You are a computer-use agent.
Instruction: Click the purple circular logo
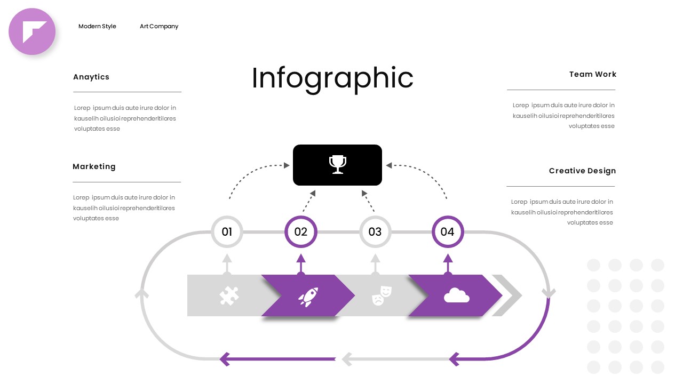tap(32, 31)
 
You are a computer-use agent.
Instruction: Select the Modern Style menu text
tap(97, 26)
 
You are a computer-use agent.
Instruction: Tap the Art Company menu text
tap(159, 26)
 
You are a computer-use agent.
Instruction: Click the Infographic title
tap(332, 78)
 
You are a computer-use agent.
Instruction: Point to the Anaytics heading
tap(91, 77)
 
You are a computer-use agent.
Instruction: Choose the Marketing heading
tap(94, 166)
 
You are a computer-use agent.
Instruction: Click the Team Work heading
tap(592, 74)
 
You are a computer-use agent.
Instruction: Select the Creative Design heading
tap(582, 171)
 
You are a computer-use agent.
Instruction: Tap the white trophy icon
tap(337, 164)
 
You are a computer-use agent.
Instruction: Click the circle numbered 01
tap(227, 231)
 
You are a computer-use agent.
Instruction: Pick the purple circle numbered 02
tap(301, 231)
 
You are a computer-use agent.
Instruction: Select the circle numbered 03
tap(375, 231)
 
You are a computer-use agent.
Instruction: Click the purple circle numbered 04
tap(448, 231)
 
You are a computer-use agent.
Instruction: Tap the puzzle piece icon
tap(229, 295)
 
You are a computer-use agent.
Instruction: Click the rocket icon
tap(308, 297)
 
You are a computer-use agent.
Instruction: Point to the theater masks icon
tap(382, 294)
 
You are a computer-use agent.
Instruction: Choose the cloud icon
tap(456, 295)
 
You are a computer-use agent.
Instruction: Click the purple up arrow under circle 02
tap(301, 263)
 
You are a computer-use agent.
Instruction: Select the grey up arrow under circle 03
tap(375, 263)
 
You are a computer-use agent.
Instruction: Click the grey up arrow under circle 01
tap(227, 263)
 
